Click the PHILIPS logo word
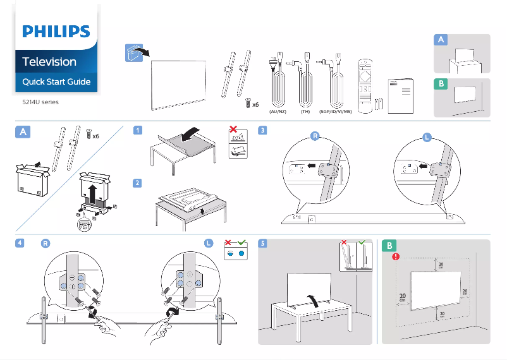(x=56, y=32)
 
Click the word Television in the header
(x=49, y=61)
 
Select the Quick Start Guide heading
(x=56, y=81)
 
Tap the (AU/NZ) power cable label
(x=278, y=112)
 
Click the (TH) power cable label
(x=306, y=112)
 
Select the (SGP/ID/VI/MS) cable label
(x=335, y=112)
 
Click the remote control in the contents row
(x=366, y=85)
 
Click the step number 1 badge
(x=137, y=131)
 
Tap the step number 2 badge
(x=137, y=183)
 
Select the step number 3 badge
(x=263, y=131)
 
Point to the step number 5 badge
(x=263, y=243)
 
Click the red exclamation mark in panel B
(x=396, y=257)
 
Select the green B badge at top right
(x=441, y=84)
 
